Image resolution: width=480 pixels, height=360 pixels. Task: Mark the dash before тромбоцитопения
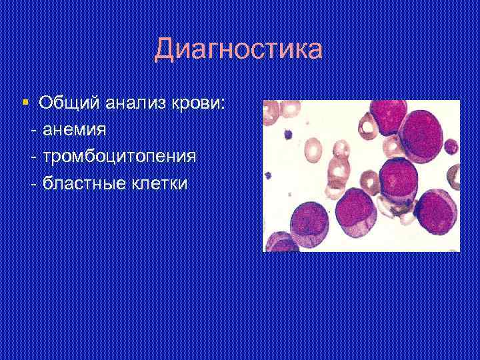[x=34, y=156]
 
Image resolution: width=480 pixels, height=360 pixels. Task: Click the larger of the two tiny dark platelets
[x=289, y=135]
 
